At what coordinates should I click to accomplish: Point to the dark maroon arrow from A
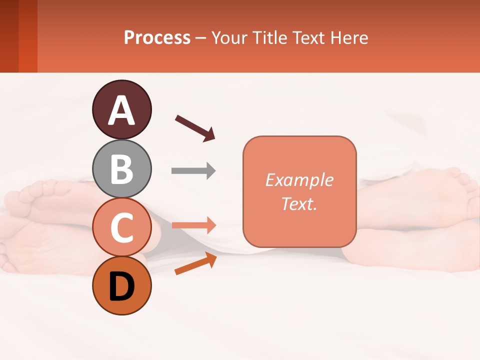[195, 128]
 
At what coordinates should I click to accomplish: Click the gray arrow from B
[193, 171]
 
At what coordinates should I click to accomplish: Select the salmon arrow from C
[193, 225]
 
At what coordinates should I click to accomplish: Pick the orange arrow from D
[195, 263]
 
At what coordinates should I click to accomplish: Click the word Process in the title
[157, 37]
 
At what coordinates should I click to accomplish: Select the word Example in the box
[299, 180]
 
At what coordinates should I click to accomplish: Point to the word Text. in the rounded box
[299, 203]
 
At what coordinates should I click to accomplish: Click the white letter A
[122, 110]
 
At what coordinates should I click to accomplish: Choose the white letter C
[122, 228]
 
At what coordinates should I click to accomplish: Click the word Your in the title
[228, 37]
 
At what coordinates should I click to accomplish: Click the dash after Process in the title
[200, 38]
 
